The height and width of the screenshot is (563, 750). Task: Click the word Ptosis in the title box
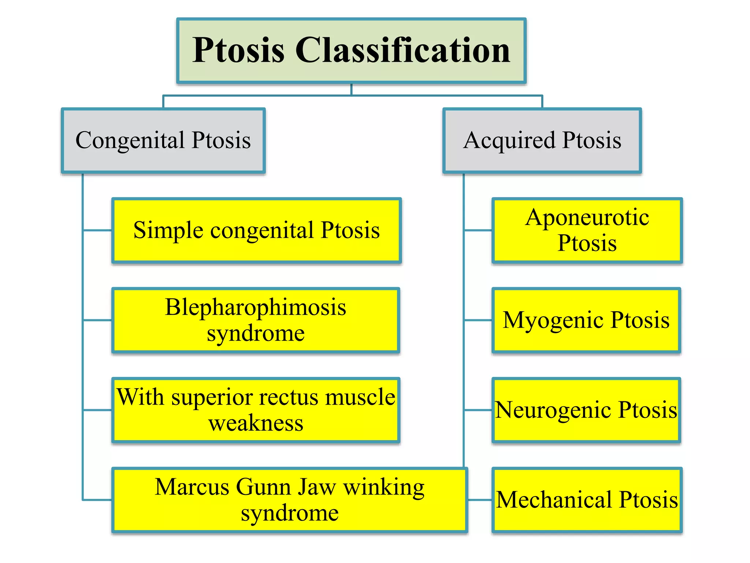[x=238, y=51]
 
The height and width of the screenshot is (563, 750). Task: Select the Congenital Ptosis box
[x=163, y=140]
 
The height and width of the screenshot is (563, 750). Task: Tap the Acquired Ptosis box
[x=542, y=140]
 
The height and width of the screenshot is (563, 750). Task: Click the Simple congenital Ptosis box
[x=256, y=231]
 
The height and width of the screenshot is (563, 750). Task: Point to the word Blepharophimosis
[x=255, y=307]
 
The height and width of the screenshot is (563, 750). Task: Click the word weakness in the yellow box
[x=256, y=423]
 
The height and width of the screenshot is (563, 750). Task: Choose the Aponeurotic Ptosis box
[x=587, y=231]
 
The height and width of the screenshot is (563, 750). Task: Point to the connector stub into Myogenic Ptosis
[x=478, y=320]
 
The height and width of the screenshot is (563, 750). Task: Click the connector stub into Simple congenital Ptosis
[x=97, y=231]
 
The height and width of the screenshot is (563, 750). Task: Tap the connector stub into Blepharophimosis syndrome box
[x=97, y=320]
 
